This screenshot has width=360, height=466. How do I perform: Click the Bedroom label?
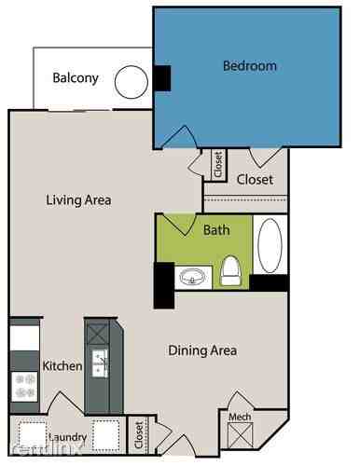[249, 66]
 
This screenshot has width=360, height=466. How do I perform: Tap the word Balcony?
[76, 78]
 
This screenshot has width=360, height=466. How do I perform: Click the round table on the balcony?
[131, 82]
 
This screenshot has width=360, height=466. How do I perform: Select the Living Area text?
[79, 199]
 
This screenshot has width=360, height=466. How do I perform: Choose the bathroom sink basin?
[193, 277]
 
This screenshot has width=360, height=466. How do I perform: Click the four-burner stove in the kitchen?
[24, 384]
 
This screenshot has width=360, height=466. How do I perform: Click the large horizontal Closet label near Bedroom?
[254, 180]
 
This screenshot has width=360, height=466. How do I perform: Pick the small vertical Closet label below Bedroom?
[218, 165]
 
